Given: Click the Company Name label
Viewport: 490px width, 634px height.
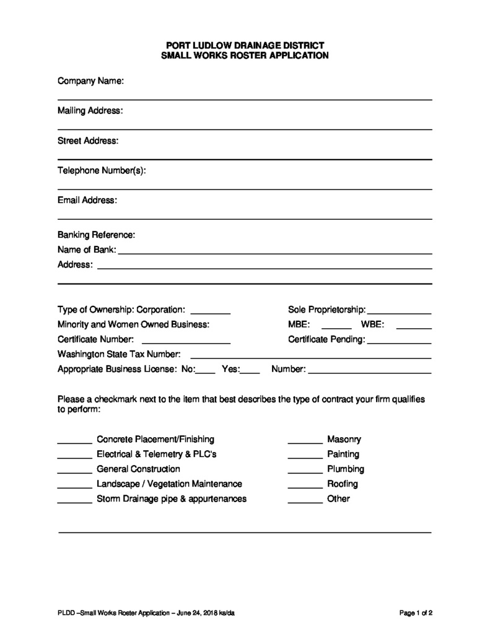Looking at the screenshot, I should (90, 81).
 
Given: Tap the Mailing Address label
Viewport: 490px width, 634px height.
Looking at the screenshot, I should (90, 111).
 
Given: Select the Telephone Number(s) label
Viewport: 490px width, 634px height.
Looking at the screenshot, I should (102, 171).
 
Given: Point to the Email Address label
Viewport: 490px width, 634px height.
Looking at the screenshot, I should (87, 201).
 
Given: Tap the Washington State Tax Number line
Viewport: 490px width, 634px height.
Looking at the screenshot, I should (310, 357).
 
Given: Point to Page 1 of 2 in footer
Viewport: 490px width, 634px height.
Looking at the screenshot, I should (416, 614).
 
